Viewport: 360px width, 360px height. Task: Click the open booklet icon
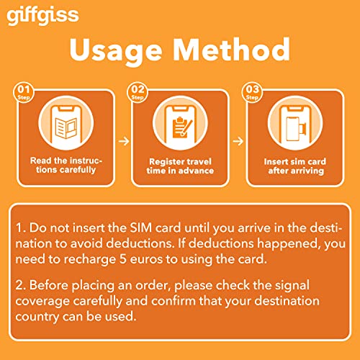click(63, 120)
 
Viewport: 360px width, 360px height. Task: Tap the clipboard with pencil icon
click(181, 120)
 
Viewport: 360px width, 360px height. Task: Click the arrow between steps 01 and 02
click(123, 141)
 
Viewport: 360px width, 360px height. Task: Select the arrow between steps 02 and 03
click(238, 141)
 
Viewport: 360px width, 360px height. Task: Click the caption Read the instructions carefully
click(65, 164)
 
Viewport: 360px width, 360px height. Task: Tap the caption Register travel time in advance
click(181, 164)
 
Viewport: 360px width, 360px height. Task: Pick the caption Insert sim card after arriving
click(296, 164)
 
